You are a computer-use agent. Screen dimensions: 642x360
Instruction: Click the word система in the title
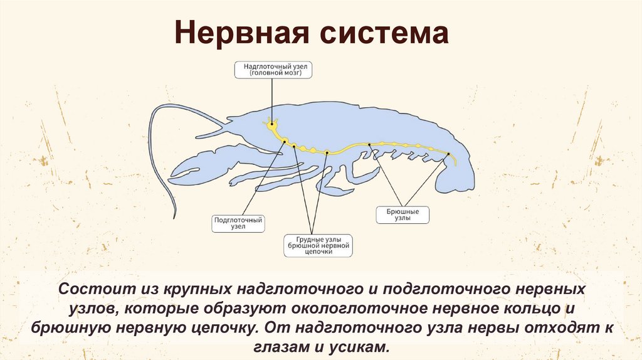387,33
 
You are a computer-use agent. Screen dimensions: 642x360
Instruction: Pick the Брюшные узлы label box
403,215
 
